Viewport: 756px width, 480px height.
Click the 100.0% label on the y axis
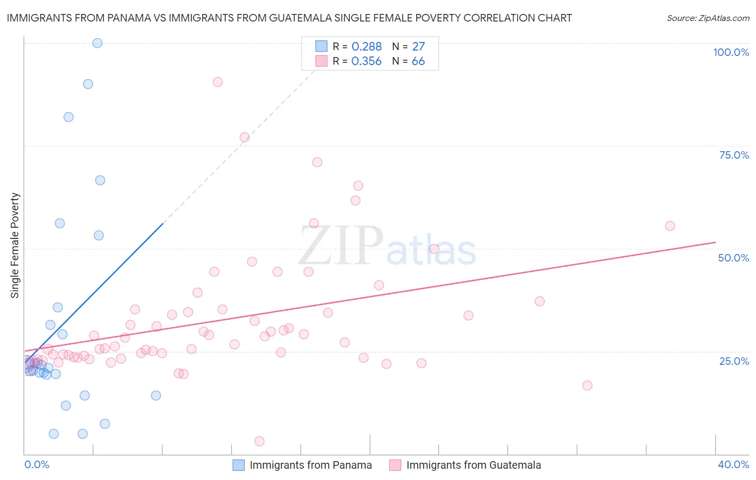coord(731,52)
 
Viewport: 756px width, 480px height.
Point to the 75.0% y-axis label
coord(734,155)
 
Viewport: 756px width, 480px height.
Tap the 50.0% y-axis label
coord(733,258)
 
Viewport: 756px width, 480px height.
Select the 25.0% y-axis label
coord(734,361)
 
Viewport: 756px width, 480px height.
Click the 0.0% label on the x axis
coord(37,464)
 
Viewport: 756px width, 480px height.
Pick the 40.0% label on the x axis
coord(733,464)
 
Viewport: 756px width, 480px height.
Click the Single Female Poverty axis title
coord(15,245)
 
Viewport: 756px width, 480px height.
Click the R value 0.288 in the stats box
coord(366,47)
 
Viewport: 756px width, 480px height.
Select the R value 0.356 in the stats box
coord(366,61)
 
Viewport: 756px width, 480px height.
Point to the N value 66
coord(418,61)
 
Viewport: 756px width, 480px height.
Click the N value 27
coord(418,47)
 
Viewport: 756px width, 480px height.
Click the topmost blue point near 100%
coord(97,43)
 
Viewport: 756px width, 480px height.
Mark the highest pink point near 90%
coord(218,82)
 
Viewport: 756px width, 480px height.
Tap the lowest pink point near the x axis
coord(259,441)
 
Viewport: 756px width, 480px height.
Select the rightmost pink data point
coord(670,226)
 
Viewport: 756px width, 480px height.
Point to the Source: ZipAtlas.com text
coord(708,18)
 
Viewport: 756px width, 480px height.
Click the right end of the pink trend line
coord(715,243)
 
